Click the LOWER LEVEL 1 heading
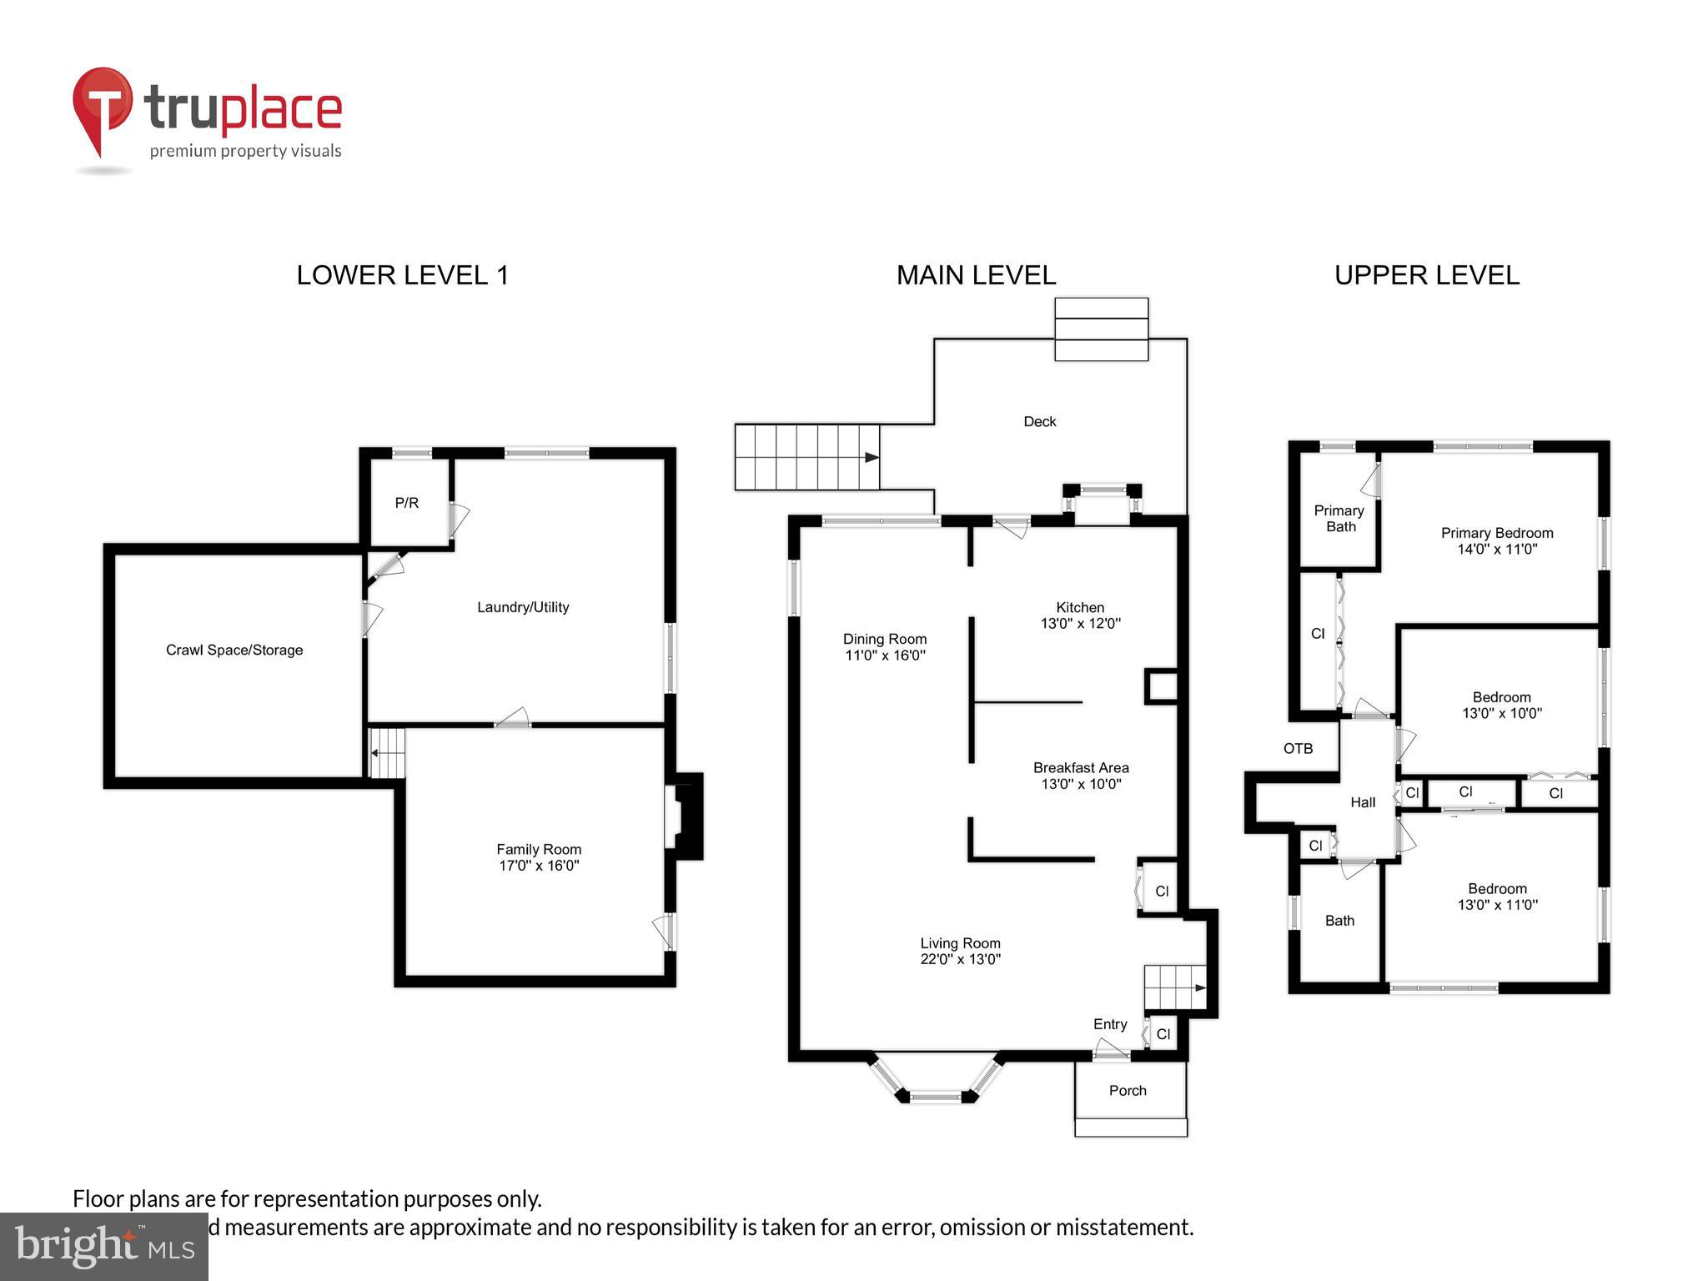click(402, 275)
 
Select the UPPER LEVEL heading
click(1426, 275)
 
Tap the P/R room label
click(406, 503)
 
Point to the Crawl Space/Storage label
click(234, 650)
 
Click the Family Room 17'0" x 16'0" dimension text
click(539, 866)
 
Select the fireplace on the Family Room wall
click(686, 816)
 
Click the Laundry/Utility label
click(523, 607)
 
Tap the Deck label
click(1039, 422)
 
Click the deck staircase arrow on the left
click(871, 457)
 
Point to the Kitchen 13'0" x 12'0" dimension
click(1080, 623)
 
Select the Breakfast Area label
click(1081, 767)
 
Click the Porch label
click(1128, 1091)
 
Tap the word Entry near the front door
click(1110, 1024)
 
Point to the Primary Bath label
click(1339, 519)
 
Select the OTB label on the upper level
click(1298, 749)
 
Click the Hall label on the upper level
click(1363, 802)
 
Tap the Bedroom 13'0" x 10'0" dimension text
click(1501, 713)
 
